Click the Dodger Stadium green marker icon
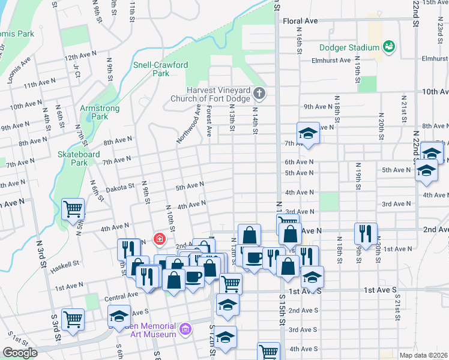pyautogui.click(x=388, y=46)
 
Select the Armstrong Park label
pyautogui.click(x=100, y=112)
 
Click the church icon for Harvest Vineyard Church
pyautogui.click(x=259, y=92)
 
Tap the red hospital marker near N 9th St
pyautogui.click(x=159, y=239)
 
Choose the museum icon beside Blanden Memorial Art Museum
pyautogui.click(x=186, y=329)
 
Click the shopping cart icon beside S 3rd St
pyautogui.click(x=73, y=319)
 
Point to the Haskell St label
pyautogui.click(x=67, y=264)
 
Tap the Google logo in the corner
pyautogui.click(x=20, y=353)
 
